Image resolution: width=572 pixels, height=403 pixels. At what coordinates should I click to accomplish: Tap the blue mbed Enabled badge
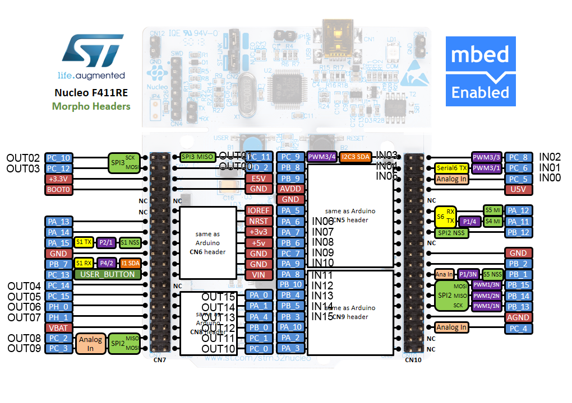click(x=481, y=72)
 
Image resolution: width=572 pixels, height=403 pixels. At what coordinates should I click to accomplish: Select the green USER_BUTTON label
click(x=108, y=274)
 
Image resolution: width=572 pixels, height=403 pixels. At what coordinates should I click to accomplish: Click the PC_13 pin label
click(x=58, y=274)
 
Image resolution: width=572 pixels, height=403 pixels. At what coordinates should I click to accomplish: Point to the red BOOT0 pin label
click(x=58, y=190)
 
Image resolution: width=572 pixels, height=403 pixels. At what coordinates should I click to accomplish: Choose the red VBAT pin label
click(x=58, y=327)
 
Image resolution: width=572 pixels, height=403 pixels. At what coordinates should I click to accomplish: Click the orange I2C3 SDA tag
click(x=356, y=157)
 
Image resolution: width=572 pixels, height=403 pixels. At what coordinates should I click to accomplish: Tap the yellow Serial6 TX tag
click(x=451, y=168)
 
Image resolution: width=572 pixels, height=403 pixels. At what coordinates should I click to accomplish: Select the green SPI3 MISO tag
click(x=197, y=157)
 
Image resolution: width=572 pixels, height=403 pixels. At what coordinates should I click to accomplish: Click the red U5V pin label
click(x=518, y=190)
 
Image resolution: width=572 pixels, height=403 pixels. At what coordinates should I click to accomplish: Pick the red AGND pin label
click(x=518, y=317)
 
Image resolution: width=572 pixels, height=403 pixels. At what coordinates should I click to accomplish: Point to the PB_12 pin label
click(x=518, y=232)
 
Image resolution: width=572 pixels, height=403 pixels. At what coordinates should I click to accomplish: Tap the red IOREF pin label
click(x=259, y=210)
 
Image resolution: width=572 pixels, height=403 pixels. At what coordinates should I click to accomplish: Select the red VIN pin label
click(x=259, y=274)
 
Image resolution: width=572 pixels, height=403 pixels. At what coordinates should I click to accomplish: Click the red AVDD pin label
click(x=290, y=189)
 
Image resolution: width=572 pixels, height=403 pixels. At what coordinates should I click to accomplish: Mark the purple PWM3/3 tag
click(x=487, y=157)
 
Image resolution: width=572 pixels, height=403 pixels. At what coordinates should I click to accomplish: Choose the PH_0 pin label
click(x=58, y=306)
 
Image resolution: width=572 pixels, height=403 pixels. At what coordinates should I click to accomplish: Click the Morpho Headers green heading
click(x=91, y=106)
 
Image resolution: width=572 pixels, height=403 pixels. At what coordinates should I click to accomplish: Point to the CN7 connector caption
click(x=160, y=360)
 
